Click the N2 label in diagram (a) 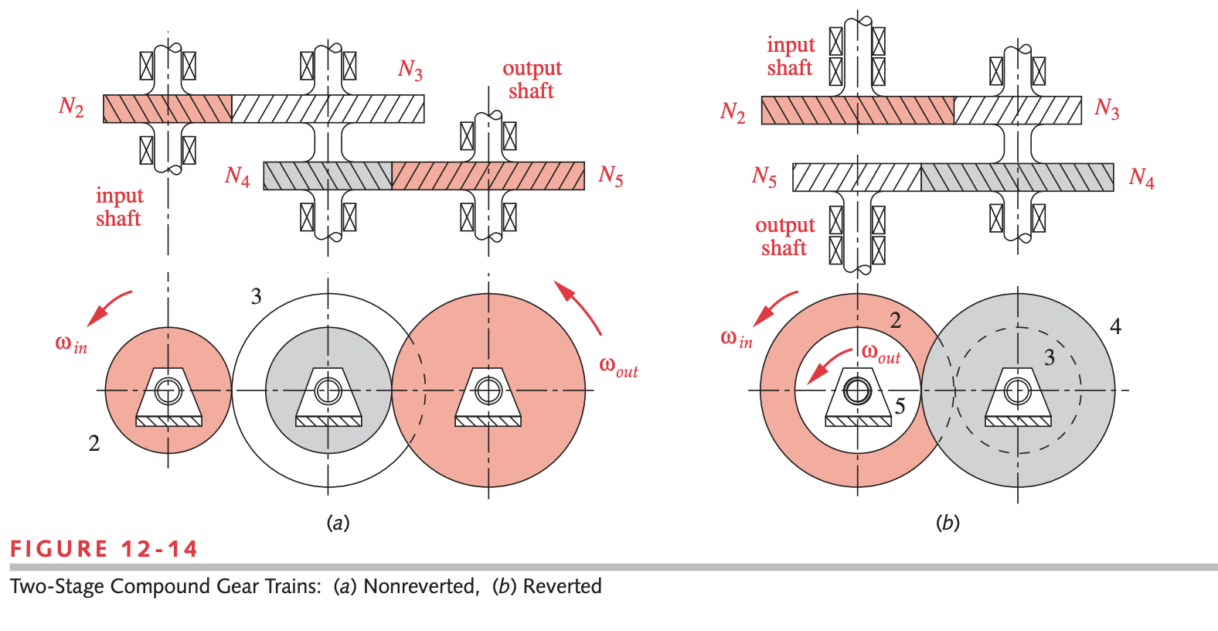point(71,106)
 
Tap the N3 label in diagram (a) point(410,70)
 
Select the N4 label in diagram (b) point(1141,178)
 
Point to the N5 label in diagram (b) point(764,177)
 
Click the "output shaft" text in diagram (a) point(532,80)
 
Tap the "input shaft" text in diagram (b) point(790,56)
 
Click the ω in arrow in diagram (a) point(109,308)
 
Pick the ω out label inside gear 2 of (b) point(881,354)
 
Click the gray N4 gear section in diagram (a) point(328,176)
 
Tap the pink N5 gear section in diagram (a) point(488,176)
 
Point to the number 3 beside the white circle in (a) point(256,296)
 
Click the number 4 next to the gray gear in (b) point(1115,326)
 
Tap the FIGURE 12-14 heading point(104,549)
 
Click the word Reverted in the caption point(562,586)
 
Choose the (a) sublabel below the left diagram point(338,523)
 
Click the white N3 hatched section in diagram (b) point(1017,111)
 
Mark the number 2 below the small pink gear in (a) point(94,443)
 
